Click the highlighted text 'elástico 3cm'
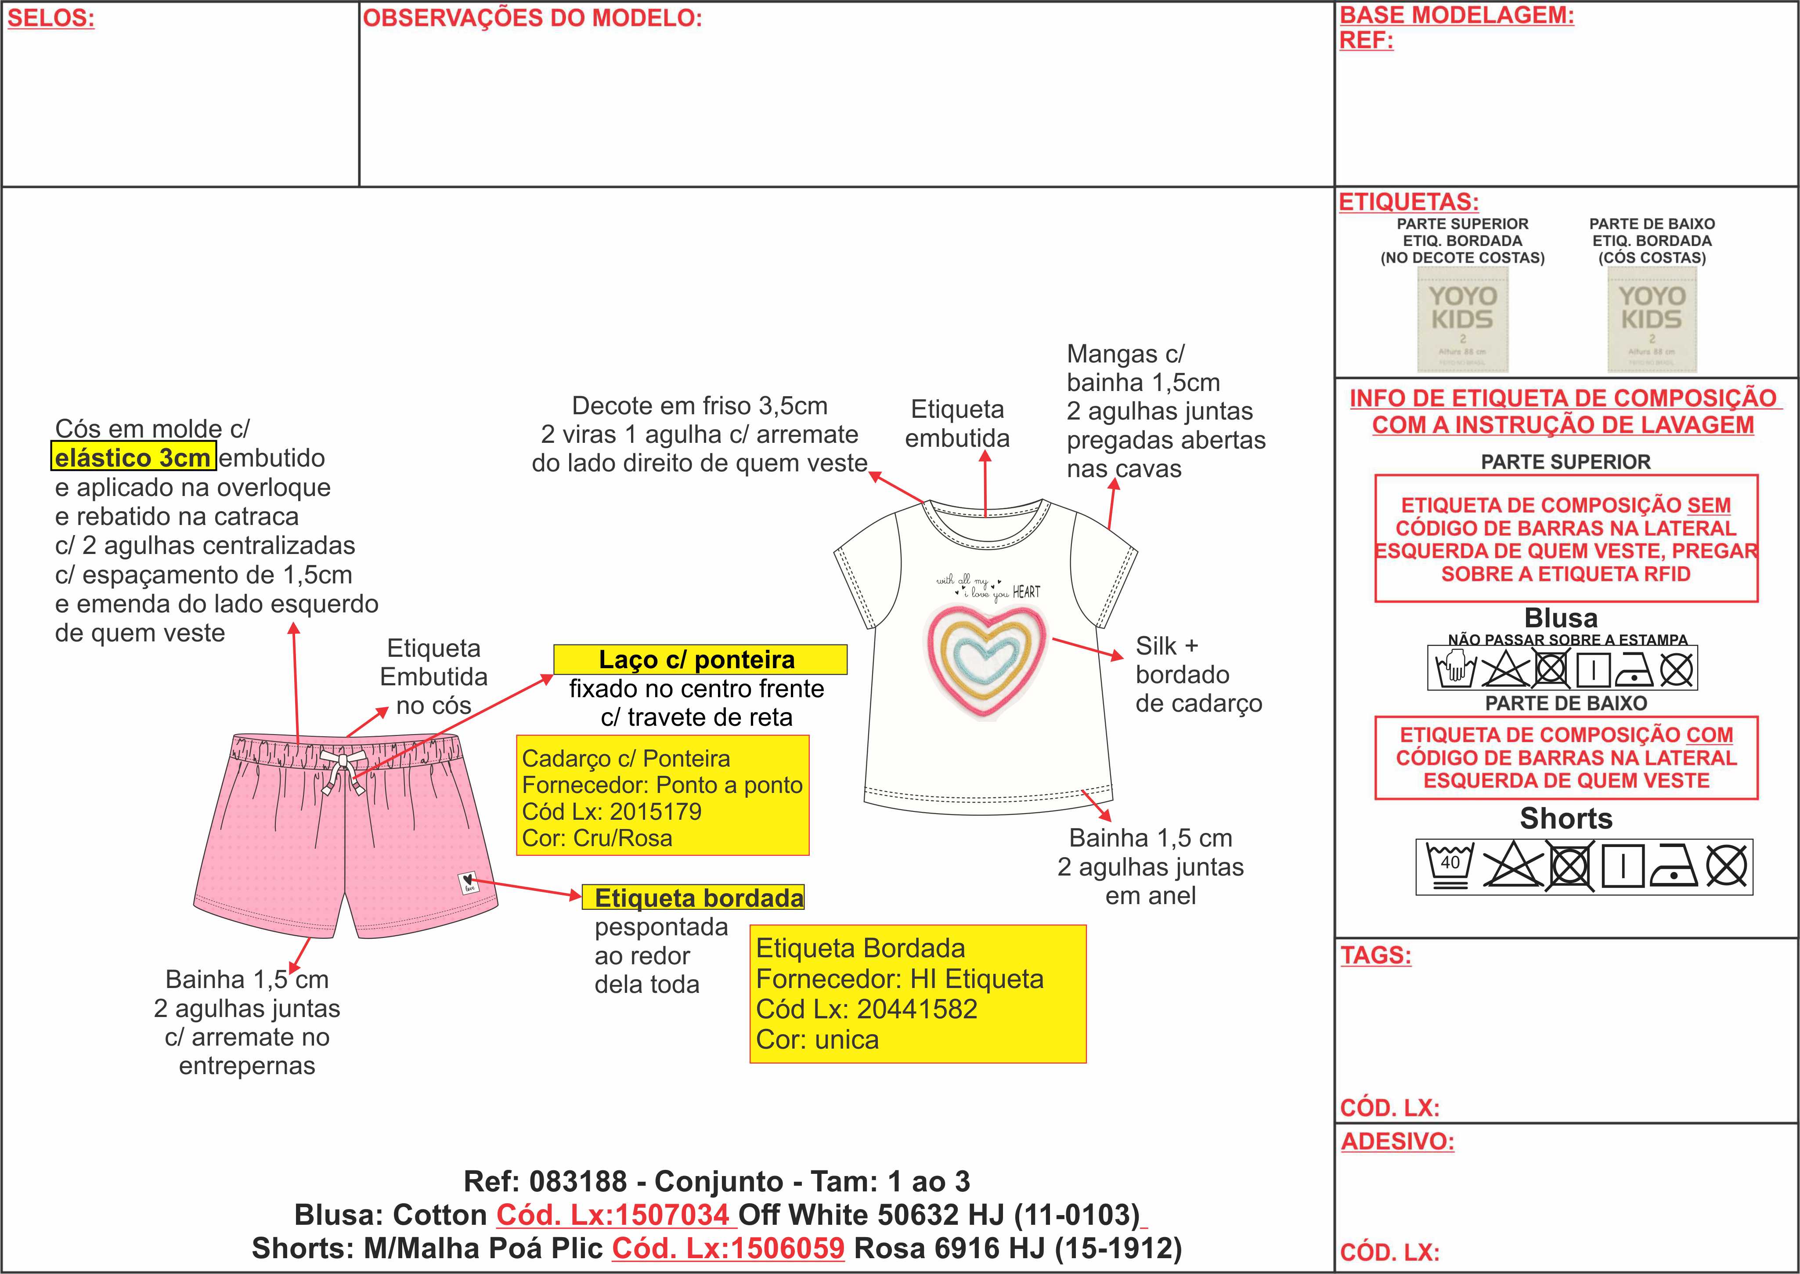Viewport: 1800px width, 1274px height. coord(133,457)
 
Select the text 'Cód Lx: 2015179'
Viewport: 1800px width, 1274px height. coord(612,811)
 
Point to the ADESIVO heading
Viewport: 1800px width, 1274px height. coord(1397,1141)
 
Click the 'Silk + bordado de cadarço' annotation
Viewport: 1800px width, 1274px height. coord(1198,675)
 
